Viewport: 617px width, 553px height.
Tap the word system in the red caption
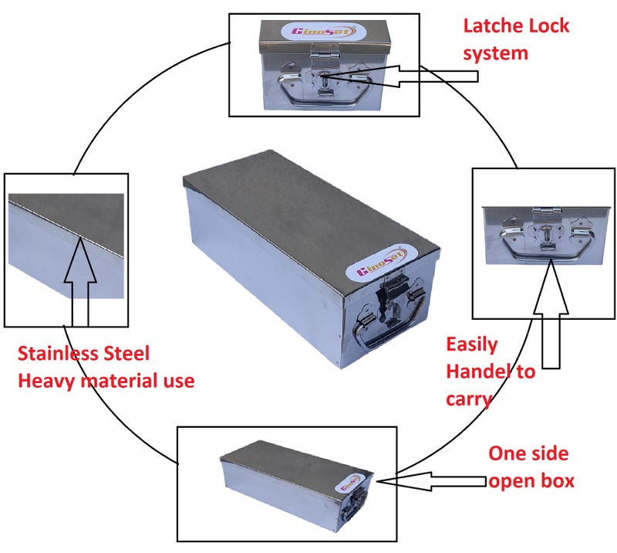pos(495,53)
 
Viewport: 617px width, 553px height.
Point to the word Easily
pos(472,345)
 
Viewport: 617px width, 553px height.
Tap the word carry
pos(469,399)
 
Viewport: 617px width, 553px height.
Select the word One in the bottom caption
pos(507,453)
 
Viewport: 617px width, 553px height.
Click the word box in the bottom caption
pos(558,481)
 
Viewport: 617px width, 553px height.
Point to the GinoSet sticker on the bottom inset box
pos(349,482)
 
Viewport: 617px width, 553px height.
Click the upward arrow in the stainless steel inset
pos(80,281)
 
